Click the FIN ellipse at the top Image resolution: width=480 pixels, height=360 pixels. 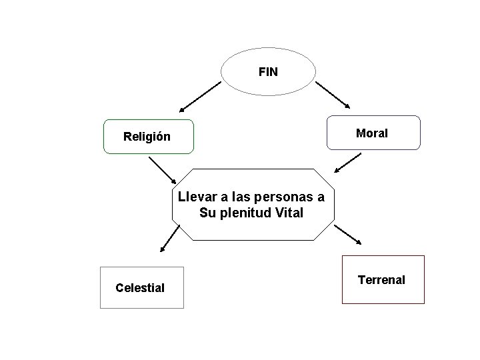click(x=268, y=70)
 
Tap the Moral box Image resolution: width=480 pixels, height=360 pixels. click(x=373, y=133)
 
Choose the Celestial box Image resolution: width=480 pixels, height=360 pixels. click(x=141, y=287)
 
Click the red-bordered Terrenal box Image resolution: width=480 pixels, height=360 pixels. click(x=383, y=279)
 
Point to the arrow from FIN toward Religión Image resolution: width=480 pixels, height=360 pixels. click(x=200, y=95)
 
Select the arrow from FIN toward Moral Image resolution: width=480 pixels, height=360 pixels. click(x=333, y=95)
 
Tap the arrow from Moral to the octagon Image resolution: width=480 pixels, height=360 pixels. click(x=347, y=162)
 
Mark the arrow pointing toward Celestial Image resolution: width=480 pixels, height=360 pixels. click(x=170, y=239)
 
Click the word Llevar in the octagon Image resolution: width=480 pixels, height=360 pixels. click(x=194, y=197)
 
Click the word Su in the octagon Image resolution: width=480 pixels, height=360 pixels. click(x=207, y=213)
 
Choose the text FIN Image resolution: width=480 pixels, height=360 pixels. click(x=268, y=70)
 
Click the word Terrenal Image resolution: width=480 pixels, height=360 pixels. click(x=381, y=279)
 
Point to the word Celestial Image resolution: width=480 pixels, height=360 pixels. click(x=140, y=288)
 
